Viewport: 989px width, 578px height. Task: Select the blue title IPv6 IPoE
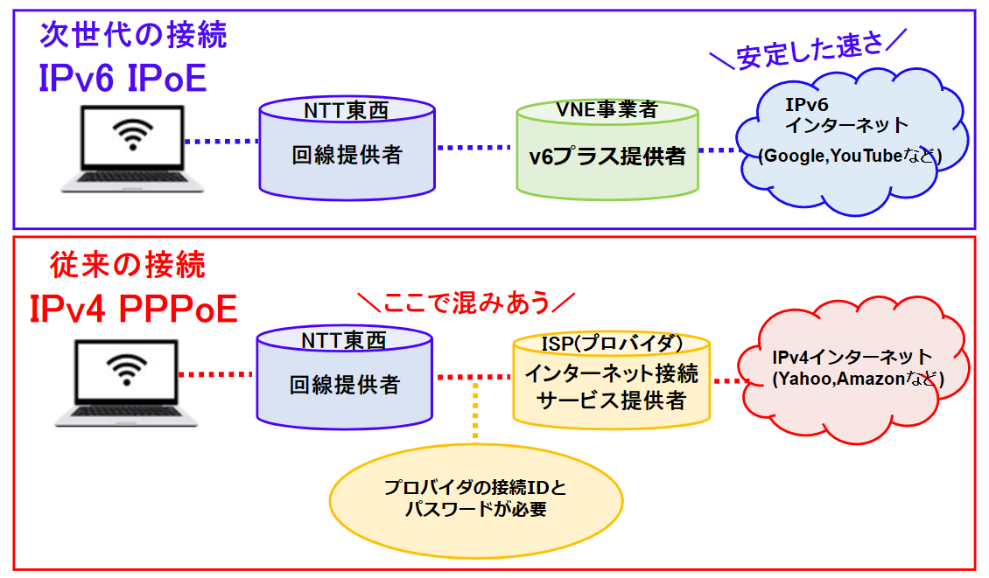123,79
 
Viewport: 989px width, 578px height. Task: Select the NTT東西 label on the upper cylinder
346,111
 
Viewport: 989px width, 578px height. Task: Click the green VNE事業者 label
607,110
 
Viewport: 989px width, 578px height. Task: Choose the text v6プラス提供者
607,157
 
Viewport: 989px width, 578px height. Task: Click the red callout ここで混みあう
466,303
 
